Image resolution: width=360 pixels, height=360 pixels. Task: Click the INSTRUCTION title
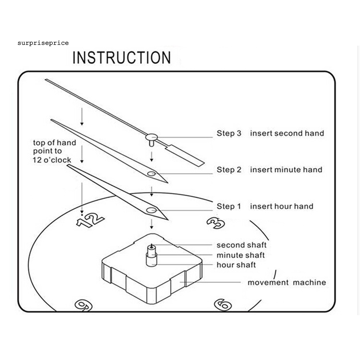pyautogui.click(x=122, y=58)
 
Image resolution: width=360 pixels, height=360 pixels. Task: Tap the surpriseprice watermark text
pyautogui.click(x=43, y=43)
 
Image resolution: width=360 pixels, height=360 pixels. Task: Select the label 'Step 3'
pyautogui.click(x=229, y=133)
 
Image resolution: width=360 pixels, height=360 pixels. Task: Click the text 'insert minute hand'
pyautogui.click(x=286, y=170)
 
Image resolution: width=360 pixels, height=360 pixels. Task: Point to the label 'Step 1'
pyautogui.click(x=229, y=206)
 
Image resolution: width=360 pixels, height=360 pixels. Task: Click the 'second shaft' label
pyautogui.click(x=241, y=245)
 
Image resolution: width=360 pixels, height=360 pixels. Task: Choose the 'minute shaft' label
pyautogui.click(x=240, y=255)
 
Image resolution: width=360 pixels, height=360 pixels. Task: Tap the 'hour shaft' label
pyautogui.click(x=236, y=265)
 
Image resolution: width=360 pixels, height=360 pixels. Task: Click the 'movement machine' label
pyautogui.click(x=287, y=283)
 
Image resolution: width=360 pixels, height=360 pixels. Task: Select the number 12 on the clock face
pyautogui.click(x=90, y=220)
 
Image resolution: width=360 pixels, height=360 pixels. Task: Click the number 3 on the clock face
pyautogui.click(x=216, y=223)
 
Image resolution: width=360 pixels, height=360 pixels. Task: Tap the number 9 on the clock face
pyautogui.click(x=83, y=305)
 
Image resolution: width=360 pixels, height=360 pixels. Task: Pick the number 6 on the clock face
pyautogui.click(x=223, y=304)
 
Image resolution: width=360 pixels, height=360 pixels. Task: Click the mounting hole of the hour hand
pyautogui.click(x=151, y=210)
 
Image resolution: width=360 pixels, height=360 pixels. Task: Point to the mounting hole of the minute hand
pyautogui.click(x=151, y=174)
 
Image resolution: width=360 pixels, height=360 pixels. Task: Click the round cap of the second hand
pyautogui.click(x=152, y=137)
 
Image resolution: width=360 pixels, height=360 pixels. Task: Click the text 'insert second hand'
pyautogui.click(x=287, y=133)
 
